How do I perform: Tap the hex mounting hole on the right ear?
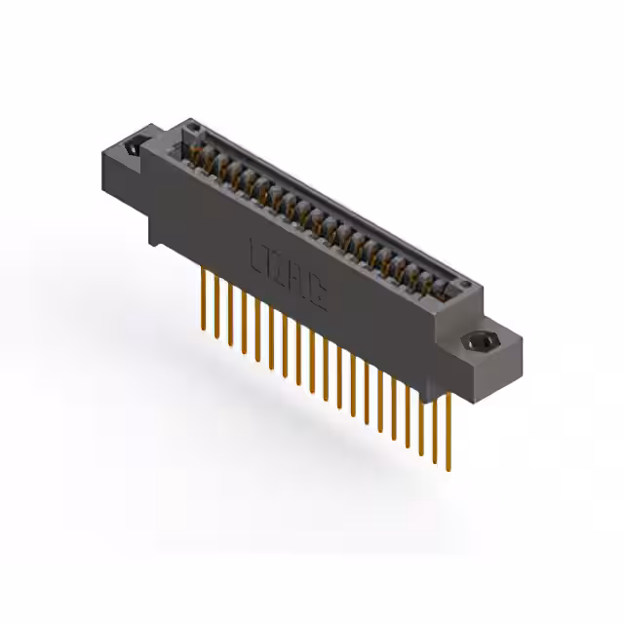pyautogui.click(x=480, y=343)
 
